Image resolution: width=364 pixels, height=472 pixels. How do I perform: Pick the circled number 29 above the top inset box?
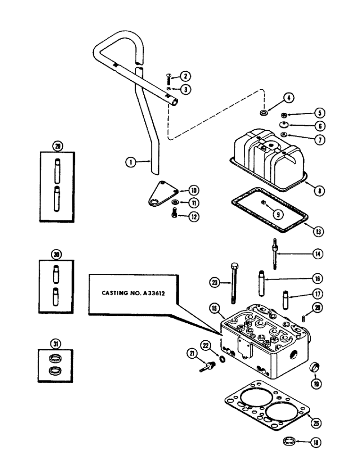pos(58,145)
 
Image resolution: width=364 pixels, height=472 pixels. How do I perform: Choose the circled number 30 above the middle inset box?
pos(58,254)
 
